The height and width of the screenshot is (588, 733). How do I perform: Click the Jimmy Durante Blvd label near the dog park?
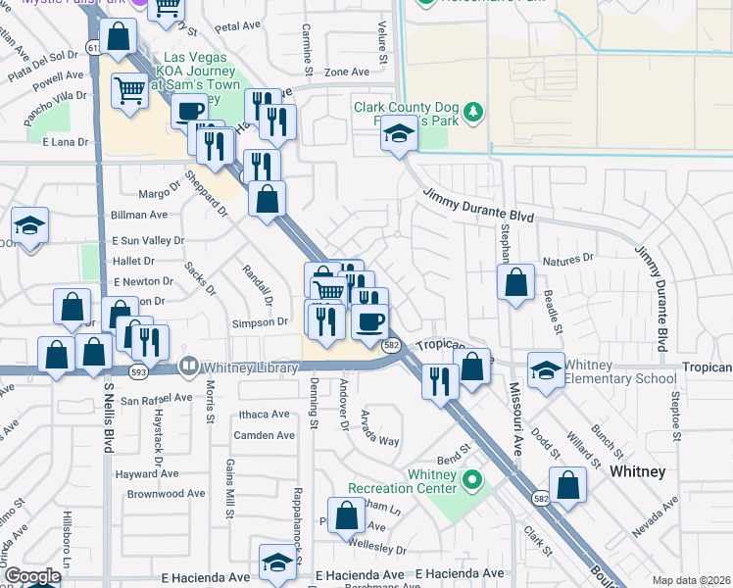pos(478,205)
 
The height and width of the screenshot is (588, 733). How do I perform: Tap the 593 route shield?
pos(136,369)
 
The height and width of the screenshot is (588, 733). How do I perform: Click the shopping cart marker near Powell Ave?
pos(129,92)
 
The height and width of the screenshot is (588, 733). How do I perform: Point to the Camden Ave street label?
pos(264,435)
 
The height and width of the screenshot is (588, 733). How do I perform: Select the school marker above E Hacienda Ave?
pos(276,563)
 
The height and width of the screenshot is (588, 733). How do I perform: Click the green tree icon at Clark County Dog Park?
pos(475,112)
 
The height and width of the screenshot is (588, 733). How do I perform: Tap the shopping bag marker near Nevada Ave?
pos(567,484)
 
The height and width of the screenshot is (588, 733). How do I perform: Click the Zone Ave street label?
pos(347,72)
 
